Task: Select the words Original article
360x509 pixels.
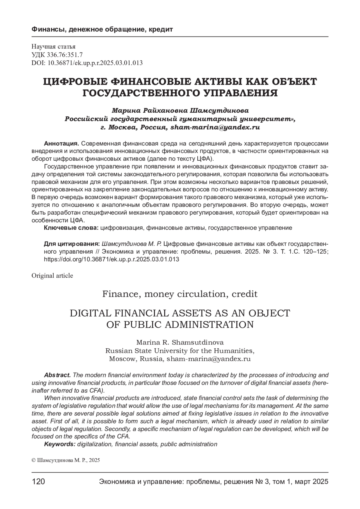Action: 52,275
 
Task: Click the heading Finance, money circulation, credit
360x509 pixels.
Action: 180,294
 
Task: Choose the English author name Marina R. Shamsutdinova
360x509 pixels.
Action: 180,342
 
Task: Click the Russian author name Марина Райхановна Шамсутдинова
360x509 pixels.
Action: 180,110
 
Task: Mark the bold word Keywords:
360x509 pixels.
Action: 60,444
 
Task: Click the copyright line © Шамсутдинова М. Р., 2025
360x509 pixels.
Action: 66,460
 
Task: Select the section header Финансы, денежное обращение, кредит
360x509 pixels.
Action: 102,30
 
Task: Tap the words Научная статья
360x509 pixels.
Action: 53,46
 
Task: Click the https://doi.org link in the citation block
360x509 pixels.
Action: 112,259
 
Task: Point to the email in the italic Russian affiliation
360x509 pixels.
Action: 214,127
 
